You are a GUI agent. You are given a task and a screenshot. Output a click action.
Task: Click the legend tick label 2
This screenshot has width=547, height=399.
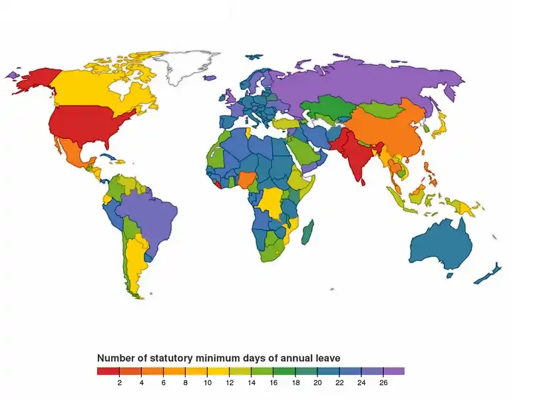coord(119,383)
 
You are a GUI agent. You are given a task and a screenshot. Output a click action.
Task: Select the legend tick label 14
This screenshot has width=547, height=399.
coord(252,383)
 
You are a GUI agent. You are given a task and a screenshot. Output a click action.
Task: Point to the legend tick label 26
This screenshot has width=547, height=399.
coord(383,383)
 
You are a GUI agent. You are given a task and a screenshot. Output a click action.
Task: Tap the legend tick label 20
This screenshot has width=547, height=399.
coord(317,383)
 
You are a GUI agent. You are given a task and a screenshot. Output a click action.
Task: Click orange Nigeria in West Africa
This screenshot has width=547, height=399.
coord(246,180)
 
